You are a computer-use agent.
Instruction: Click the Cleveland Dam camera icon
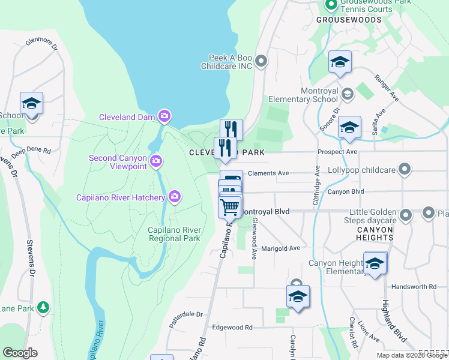[164, 115]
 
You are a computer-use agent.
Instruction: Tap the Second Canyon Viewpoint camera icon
[156, 160]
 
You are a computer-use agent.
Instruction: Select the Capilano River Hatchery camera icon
[175, 196]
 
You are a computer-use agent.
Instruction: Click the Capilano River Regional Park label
[174, 234]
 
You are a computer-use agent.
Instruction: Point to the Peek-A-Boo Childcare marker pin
[261, 61]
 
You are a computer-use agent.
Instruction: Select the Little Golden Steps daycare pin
[406, 214]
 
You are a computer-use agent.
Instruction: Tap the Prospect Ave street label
[338, 152]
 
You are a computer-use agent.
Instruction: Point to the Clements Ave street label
[268, 173]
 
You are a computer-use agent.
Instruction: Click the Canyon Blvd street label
[346, 192]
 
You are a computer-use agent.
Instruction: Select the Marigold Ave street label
[280, 248]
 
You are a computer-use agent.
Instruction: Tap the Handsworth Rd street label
[414, 287]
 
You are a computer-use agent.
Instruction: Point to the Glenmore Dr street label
[41, 44]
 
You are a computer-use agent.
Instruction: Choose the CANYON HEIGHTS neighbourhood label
[375, 233]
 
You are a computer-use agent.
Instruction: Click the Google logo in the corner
[20, 353]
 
